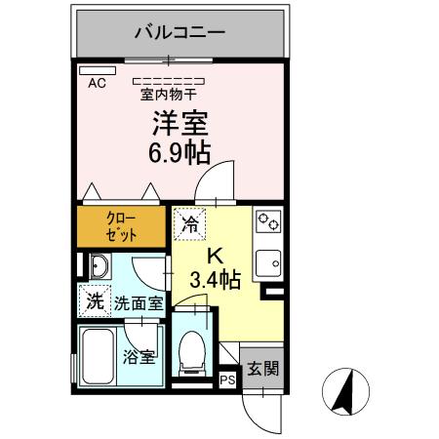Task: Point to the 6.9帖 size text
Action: [x=179, y=151]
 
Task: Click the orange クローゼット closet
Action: [x=122, y=227]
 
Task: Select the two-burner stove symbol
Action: [x=267, y=223]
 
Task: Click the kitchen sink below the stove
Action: [x=266, y=261]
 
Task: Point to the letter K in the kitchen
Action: [x=216, y=258]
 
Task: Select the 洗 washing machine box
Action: [x=94, y=301]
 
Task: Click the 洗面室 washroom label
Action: [x=139, y=303]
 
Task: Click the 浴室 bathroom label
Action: [x=139, y=356]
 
